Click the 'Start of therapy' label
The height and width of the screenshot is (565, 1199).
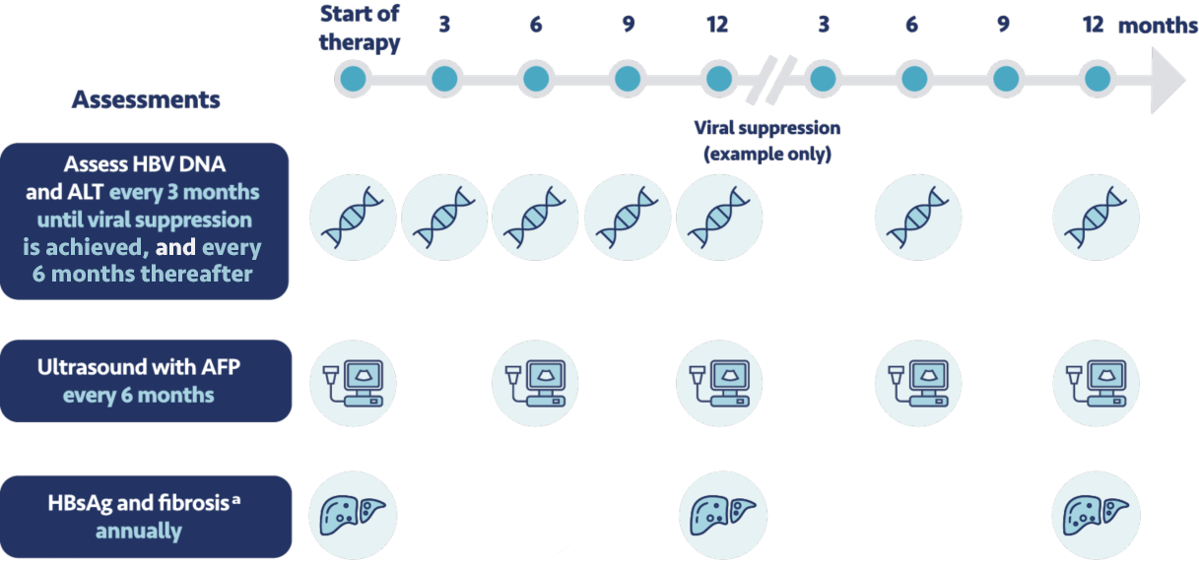point(360,30)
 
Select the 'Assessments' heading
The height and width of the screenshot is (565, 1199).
point(146,99)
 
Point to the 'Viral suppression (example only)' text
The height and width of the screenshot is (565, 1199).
point(767,141)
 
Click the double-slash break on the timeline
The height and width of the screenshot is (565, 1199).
point(765,79)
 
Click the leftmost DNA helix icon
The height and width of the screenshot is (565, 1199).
point(353,220)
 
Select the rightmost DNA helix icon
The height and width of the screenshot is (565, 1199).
point(1096,220)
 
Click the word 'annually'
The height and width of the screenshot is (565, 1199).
point(138,532)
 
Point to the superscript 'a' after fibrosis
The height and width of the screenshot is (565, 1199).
point(236,499)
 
